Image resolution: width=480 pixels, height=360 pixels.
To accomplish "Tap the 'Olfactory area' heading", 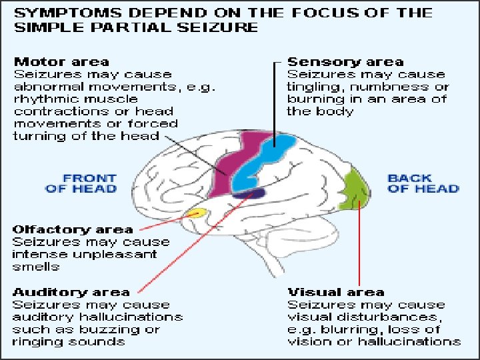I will point(63,230).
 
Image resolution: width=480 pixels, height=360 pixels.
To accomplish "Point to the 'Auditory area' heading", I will point(71,292).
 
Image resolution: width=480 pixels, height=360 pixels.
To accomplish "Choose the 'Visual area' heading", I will point(335,292).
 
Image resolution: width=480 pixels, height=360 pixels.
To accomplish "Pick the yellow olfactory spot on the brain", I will point(195,213).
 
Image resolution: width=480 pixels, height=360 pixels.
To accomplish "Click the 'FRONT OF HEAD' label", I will point(81,183).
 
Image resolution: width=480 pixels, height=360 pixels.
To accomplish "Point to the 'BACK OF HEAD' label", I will point(423,183).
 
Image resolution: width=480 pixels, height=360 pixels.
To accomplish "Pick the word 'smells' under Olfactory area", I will point(36,267).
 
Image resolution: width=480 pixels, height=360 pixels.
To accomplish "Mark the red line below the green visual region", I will point(359,247).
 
